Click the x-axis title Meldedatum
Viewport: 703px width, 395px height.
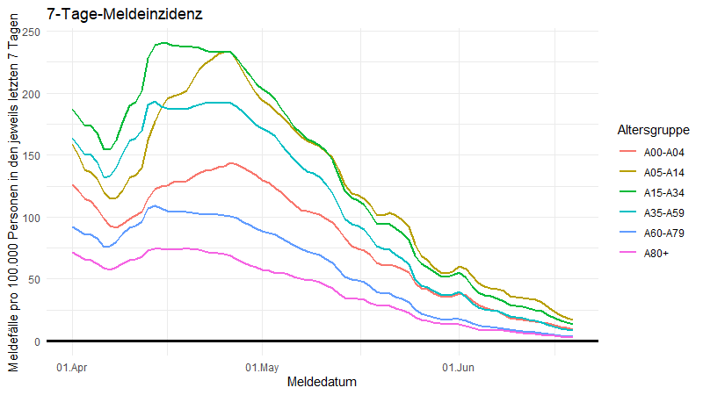pos(322,383)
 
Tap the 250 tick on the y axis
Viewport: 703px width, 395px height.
pos(31,32)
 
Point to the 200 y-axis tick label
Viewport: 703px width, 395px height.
pos(31,94)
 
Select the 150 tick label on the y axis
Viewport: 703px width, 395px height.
pos(31,155)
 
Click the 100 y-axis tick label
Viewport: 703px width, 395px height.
pos(31,218)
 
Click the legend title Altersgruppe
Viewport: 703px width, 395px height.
pos(652,130)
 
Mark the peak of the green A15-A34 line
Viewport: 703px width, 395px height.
pos(163,42)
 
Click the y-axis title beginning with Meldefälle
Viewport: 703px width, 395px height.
pos(13,197)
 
